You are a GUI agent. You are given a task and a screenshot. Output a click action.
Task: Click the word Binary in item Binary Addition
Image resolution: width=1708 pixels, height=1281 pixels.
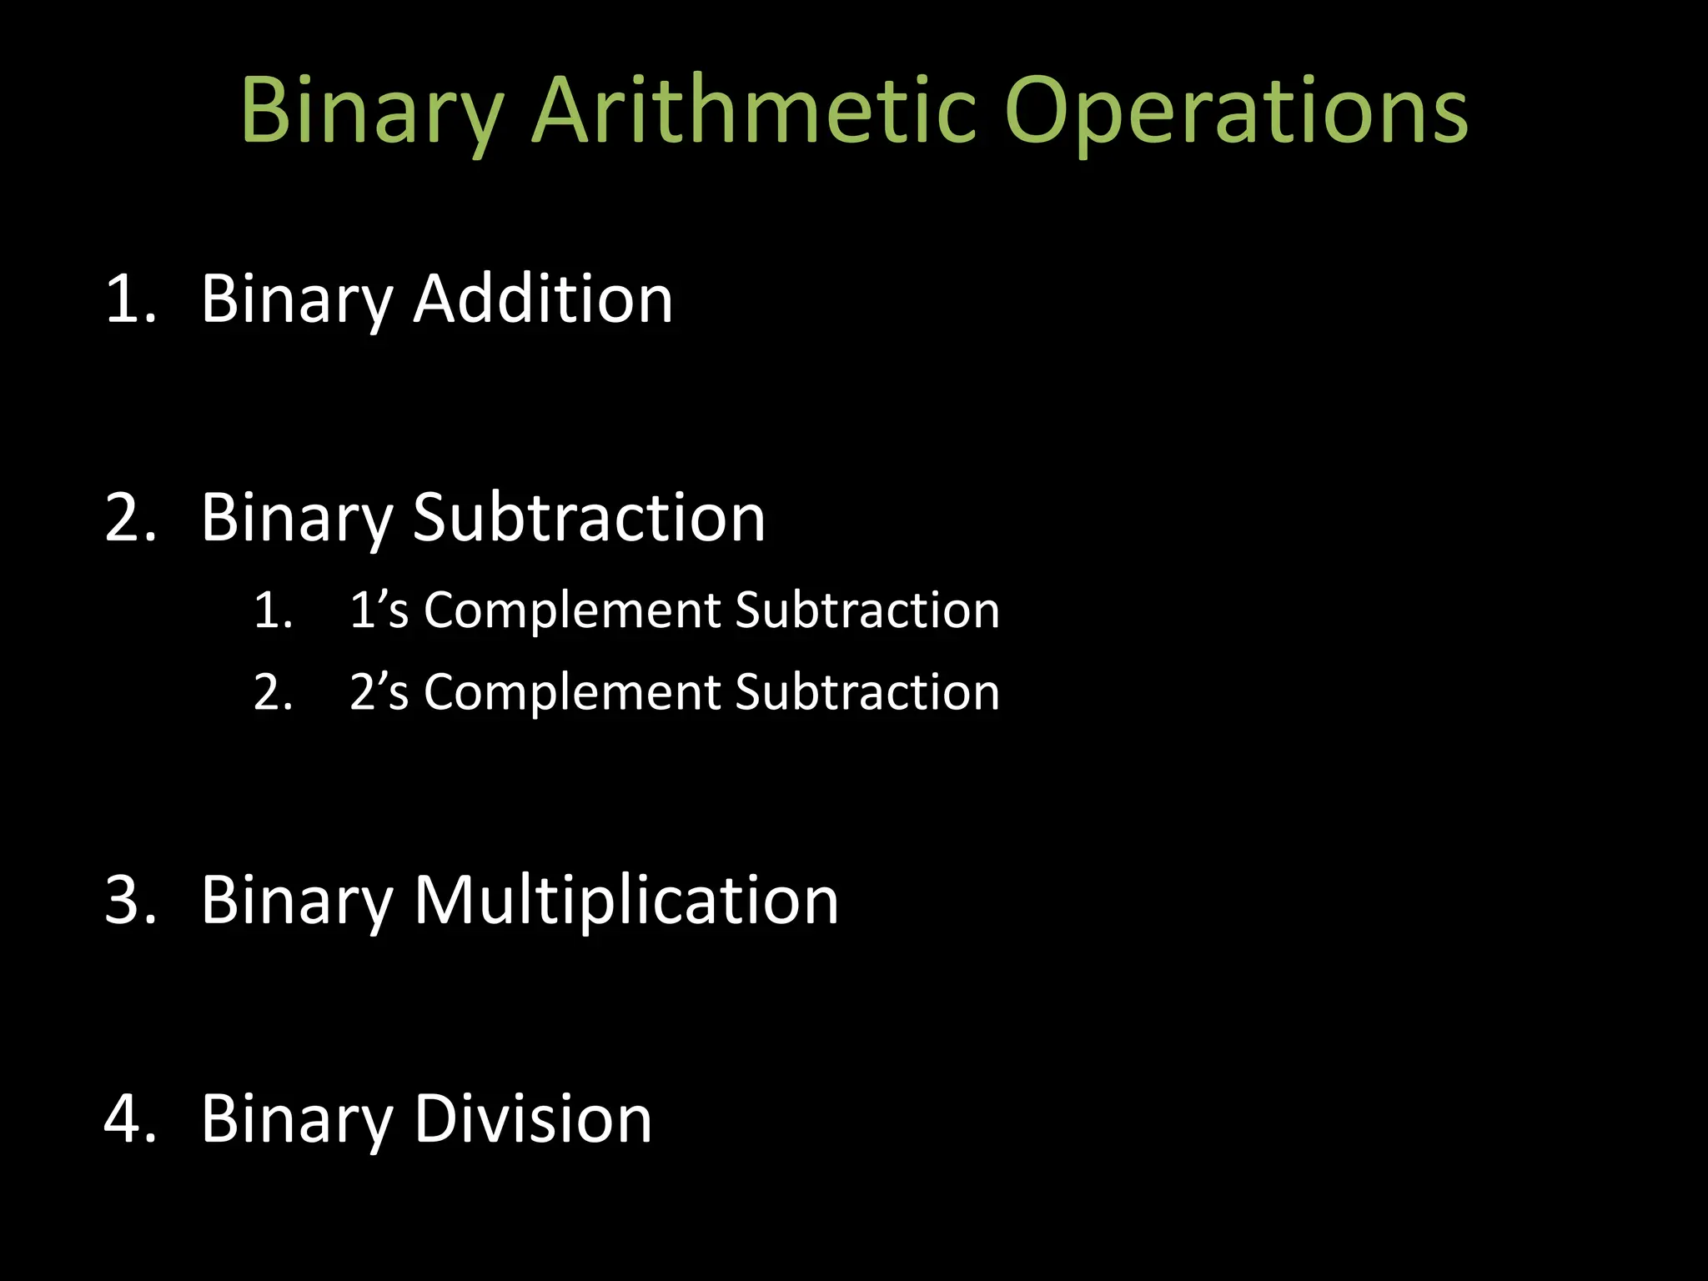pyautogui.click(x=297, y=300)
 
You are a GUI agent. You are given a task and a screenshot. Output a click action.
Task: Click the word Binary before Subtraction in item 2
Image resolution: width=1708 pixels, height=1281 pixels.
pyautogui.click(x=297, y=519)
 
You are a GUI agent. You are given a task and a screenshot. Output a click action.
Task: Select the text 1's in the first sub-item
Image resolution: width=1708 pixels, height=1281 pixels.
pyautogui.click(x=379, y=610)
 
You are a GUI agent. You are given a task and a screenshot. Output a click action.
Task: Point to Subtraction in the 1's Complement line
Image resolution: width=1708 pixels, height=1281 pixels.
pyautogui.click(x=867, y=610)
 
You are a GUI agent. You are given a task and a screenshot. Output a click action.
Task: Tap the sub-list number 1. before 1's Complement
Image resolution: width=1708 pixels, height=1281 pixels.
pyautogui.click(x=273, y=610)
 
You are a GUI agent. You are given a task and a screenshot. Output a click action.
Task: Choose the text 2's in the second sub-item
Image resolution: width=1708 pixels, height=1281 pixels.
pyautogui.click(x=379, y=691)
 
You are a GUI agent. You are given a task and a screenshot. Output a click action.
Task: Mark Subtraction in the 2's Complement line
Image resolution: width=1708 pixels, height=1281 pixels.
pyautogui.click(x=867, y=691)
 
